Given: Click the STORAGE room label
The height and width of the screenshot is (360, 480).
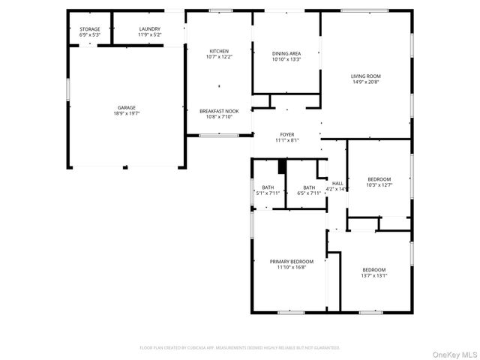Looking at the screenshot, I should pos(89,29).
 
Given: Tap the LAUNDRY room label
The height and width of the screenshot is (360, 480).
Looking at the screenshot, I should pos(149,29).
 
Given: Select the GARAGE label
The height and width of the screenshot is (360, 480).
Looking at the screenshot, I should pos(126,107).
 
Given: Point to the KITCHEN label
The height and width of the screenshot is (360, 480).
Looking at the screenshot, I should pos(218,51).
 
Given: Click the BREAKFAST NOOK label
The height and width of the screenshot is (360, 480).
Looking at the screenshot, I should pos(218,111).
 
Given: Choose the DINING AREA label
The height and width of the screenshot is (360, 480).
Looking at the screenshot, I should pos(286,53).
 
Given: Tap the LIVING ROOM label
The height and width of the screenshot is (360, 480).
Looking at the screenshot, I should pos(366,76).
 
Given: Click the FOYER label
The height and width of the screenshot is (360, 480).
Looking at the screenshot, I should pos(287,134).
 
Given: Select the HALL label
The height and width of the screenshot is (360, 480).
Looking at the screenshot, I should pos(337,183).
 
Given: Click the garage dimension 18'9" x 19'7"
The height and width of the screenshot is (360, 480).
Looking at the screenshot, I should pos(126,113).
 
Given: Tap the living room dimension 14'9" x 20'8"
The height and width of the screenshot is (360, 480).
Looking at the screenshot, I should pos(366,82).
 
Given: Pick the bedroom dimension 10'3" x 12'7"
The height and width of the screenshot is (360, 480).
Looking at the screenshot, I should pos(379,184).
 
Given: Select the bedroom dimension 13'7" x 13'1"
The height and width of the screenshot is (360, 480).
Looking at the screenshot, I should pos(373,275).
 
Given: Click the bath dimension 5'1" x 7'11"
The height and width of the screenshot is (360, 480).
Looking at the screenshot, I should pos(268,193).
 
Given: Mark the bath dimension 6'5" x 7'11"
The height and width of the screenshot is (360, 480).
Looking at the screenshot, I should pos(309,193).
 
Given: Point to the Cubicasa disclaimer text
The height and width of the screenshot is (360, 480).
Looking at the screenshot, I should pos(240,348).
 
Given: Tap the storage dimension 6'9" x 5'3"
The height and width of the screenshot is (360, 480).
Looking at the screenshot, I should pos(89,35).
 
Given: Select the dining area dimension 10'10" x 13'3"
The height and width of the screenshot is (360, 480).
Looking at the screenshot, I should pos(286,59).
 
